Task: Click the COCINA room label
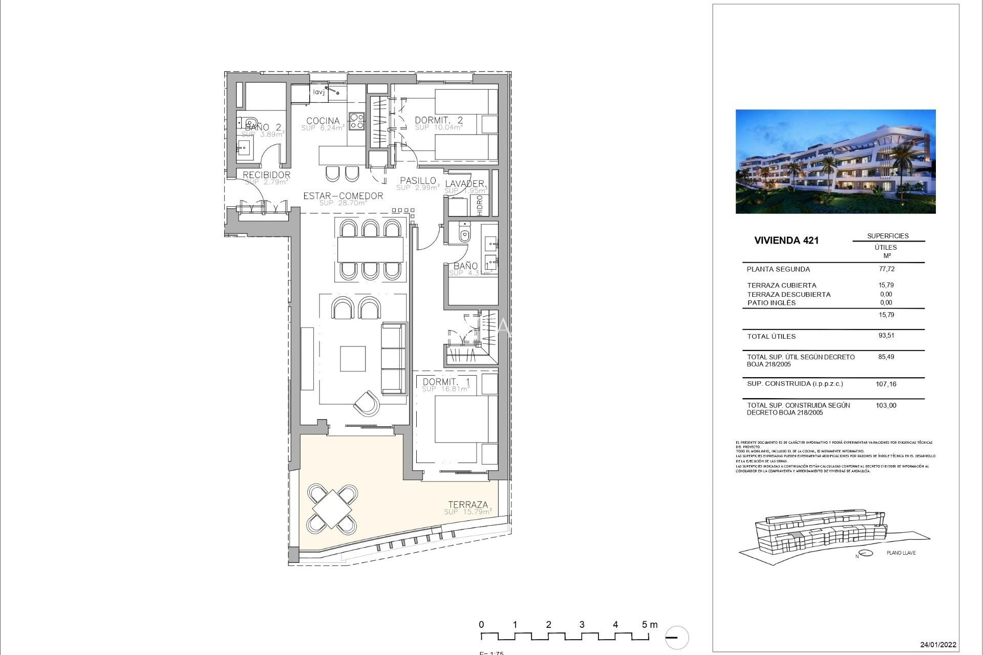pyautogui.click(x=323, y=121)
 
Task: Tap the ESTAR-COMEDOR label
pyautogui.click(x=343, y=196)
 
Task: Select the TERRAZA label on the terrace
pyautogui.click(x=468, y=505)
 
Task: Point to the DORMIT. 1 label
pyautogui.click(x=446, y=382)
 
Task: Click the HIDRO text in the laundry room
pyautogui.click(x=480, y=205)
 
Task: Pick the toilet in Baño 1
pyautogui.click(x=464, y=234)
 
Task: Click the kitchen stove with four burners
pyautogui.click(x=356, y=121)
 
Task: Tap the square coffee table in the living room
pyautogui.click(x=353, y=359)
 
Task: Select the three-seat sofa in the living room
pyautogui.click(x=394, y=358)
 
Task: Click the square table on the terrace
pyautogui.click(x=332, y=509)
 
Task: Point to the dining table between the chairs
pyautogui.click(x=371, y=250)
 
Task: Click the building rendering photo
pyautogui.click(x=835, y=161)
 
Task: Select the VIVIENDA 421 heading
pyautogui.click(x=786, y=241)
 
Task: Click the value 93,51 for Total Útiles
pyautogui.click(x=886, y=336)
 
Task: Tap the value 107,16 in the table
pyautogui.click(x=886, y=384)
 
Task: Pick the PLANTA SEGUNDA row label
pyautogui.click(x=778, y=269)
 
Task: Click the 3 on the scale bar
pyautogui.click(x=582, y=624)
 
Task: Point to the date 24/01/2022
pyautogui.click(x=938, y=645)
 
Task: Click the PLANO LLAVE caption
pyautogui.click(x=901, y=553)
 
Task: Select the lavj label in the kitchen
pyautogui.click(x=318, y=92)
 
